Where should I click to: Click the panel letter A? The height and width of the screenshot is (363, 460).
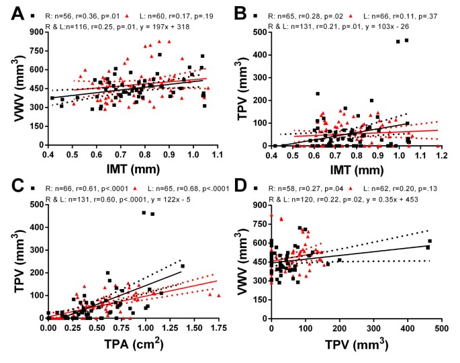tap(11, 12)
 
